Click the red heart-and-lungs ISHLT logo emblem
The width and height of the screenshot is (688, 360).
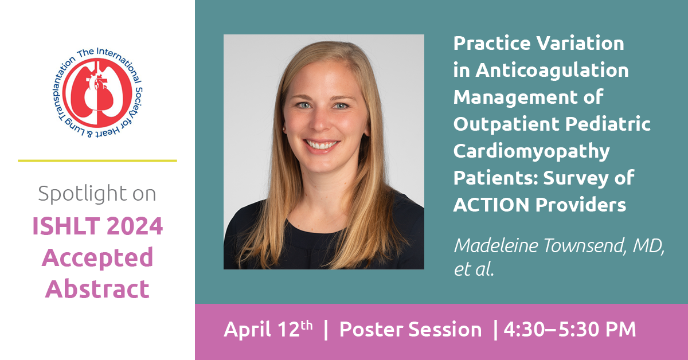point(97,93)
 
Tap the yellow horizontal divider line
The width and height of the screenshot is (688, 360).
point(97,161)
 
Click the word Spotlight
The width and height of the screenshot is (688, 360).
point(83,194)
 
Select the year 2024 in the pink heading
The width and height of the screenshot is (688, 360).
point(135,226)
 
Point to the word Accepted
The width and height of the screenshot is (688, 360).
point(97,259)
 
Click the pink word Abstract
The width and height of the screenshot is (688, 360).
point(97,289)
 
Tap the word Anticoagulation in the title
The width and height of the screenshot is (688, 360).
point(552,71)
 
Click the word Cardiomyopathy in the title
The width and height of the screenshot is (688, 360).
point(531,152)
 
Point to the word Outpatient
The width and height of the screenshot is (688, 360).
point(506,124)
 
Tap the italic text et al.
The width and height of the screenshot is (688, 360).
point(474,269)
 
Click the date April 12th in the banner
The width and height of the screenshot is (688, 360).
point(268,329)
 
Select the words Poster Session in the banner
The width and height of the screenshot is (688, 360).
point(411,330)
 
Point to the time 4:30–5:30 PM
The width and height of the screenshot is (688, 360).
point(570,330)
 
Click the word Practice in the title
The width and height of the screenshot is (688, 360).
point(491,43)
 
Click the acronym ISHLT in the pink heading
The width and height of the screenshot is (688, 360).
point(66,226)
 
